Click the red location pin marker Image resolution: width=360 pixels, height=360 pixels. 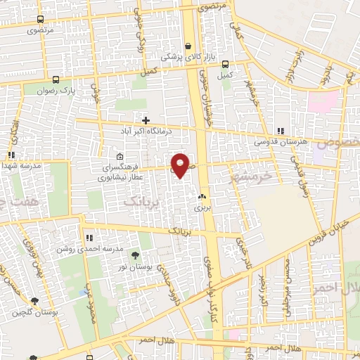coord(181,165)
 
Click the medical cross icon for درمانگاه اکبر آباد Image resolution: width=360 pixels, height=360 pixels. coord(146,120)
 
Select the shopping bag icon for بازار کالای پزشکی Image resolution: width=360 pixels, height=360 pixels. coord(188,47)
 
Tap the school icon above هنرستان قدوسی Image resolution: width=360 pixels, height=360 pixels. coord(281,131)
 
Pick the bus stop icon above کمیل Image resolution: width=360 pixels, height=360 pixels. coord(225,63)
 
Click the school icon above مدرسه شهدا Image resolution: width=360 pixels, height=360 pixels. coord(11,155)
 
